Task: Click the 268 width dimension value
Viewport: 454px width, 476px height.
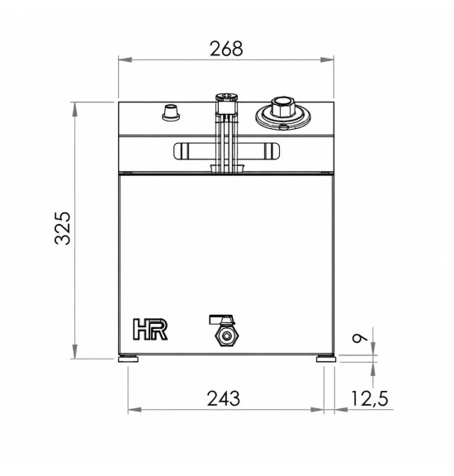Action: [226, 49]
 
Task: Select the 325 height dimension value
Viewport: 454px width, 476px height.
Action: [63, 228]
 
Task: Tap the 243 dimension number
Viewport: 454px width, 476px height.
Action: [224, 398]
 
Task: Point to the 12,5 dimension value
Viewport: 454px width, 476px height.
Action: [370, 398]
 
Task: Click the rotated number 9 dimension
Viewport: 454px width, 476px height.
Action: [360, 338]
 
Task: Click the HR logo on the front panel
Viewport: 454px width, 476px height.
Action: [150, 329]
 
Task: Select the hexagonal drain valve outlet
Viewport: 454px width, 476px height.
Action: [226, 336]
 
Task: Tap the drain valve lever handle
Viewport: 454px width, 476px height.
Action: [221, 320]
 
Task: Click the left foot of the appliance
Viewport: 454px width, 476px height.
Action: [128, 359]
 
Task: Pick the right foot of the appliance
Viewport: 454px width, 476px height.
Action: [326, 359]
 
